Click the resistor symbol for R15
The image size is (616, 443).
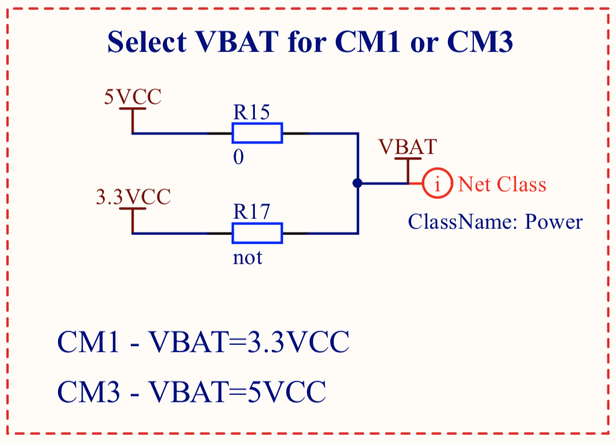tap(257, 133)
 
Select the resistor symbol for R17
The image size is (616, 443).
tap(257, 234)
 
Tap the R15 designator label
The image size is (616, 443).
tap(251, 112)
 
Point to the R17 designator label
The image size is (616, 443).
tap(251, 212)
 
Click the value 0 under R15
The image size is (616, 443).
tap(238, 157)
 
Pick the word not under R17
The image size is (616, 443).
tap(248, 258)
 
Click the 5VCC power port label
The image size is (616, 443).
tap(133, 97)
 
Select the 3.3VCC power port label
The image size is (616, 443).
tap(133, 197)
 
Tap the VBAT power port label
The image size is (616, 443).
tap(408, 147)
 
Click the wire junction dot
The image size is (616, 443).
tap(358, 183)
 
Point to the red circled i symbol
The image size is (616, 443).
tap(438, 183)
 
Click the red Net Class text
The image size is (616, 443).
tap(502, 184)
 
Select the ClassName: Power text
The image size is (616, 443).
tap(495, 221)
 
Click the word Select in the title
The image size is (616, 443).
tap(147, 43)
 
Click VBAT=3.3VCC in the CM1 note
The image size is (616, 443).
tap(248, 343)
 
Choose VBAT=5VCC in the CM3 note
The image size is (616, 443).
tap(237, 391)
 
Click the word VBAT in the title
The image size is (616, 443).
tap(237, 43)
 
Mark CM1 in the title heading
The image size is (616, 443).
tap(368, 43)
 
